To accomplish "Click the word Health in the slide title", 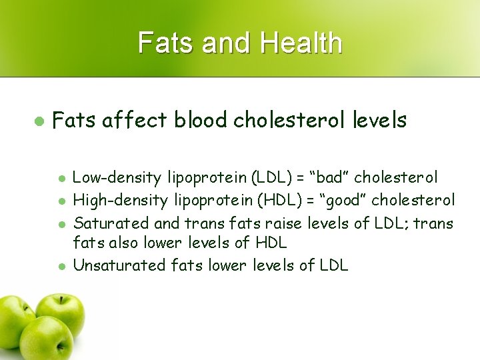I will pyautogui.click(x=301, y=43).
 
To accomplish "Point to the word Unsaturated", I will pyautogui.click(x=119, y=265).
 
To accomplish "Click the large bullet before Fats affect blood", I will pyautogui.click(x=39, y=121).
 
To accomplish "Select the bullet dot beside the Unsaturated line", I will pyautogui.click(x=61, y=266).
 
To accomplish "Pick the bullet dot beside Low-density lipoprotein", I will pyautogui.click(x=61, y=179).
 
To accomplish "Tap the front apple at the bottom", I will pyautogui.click(x=45, y=339).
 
